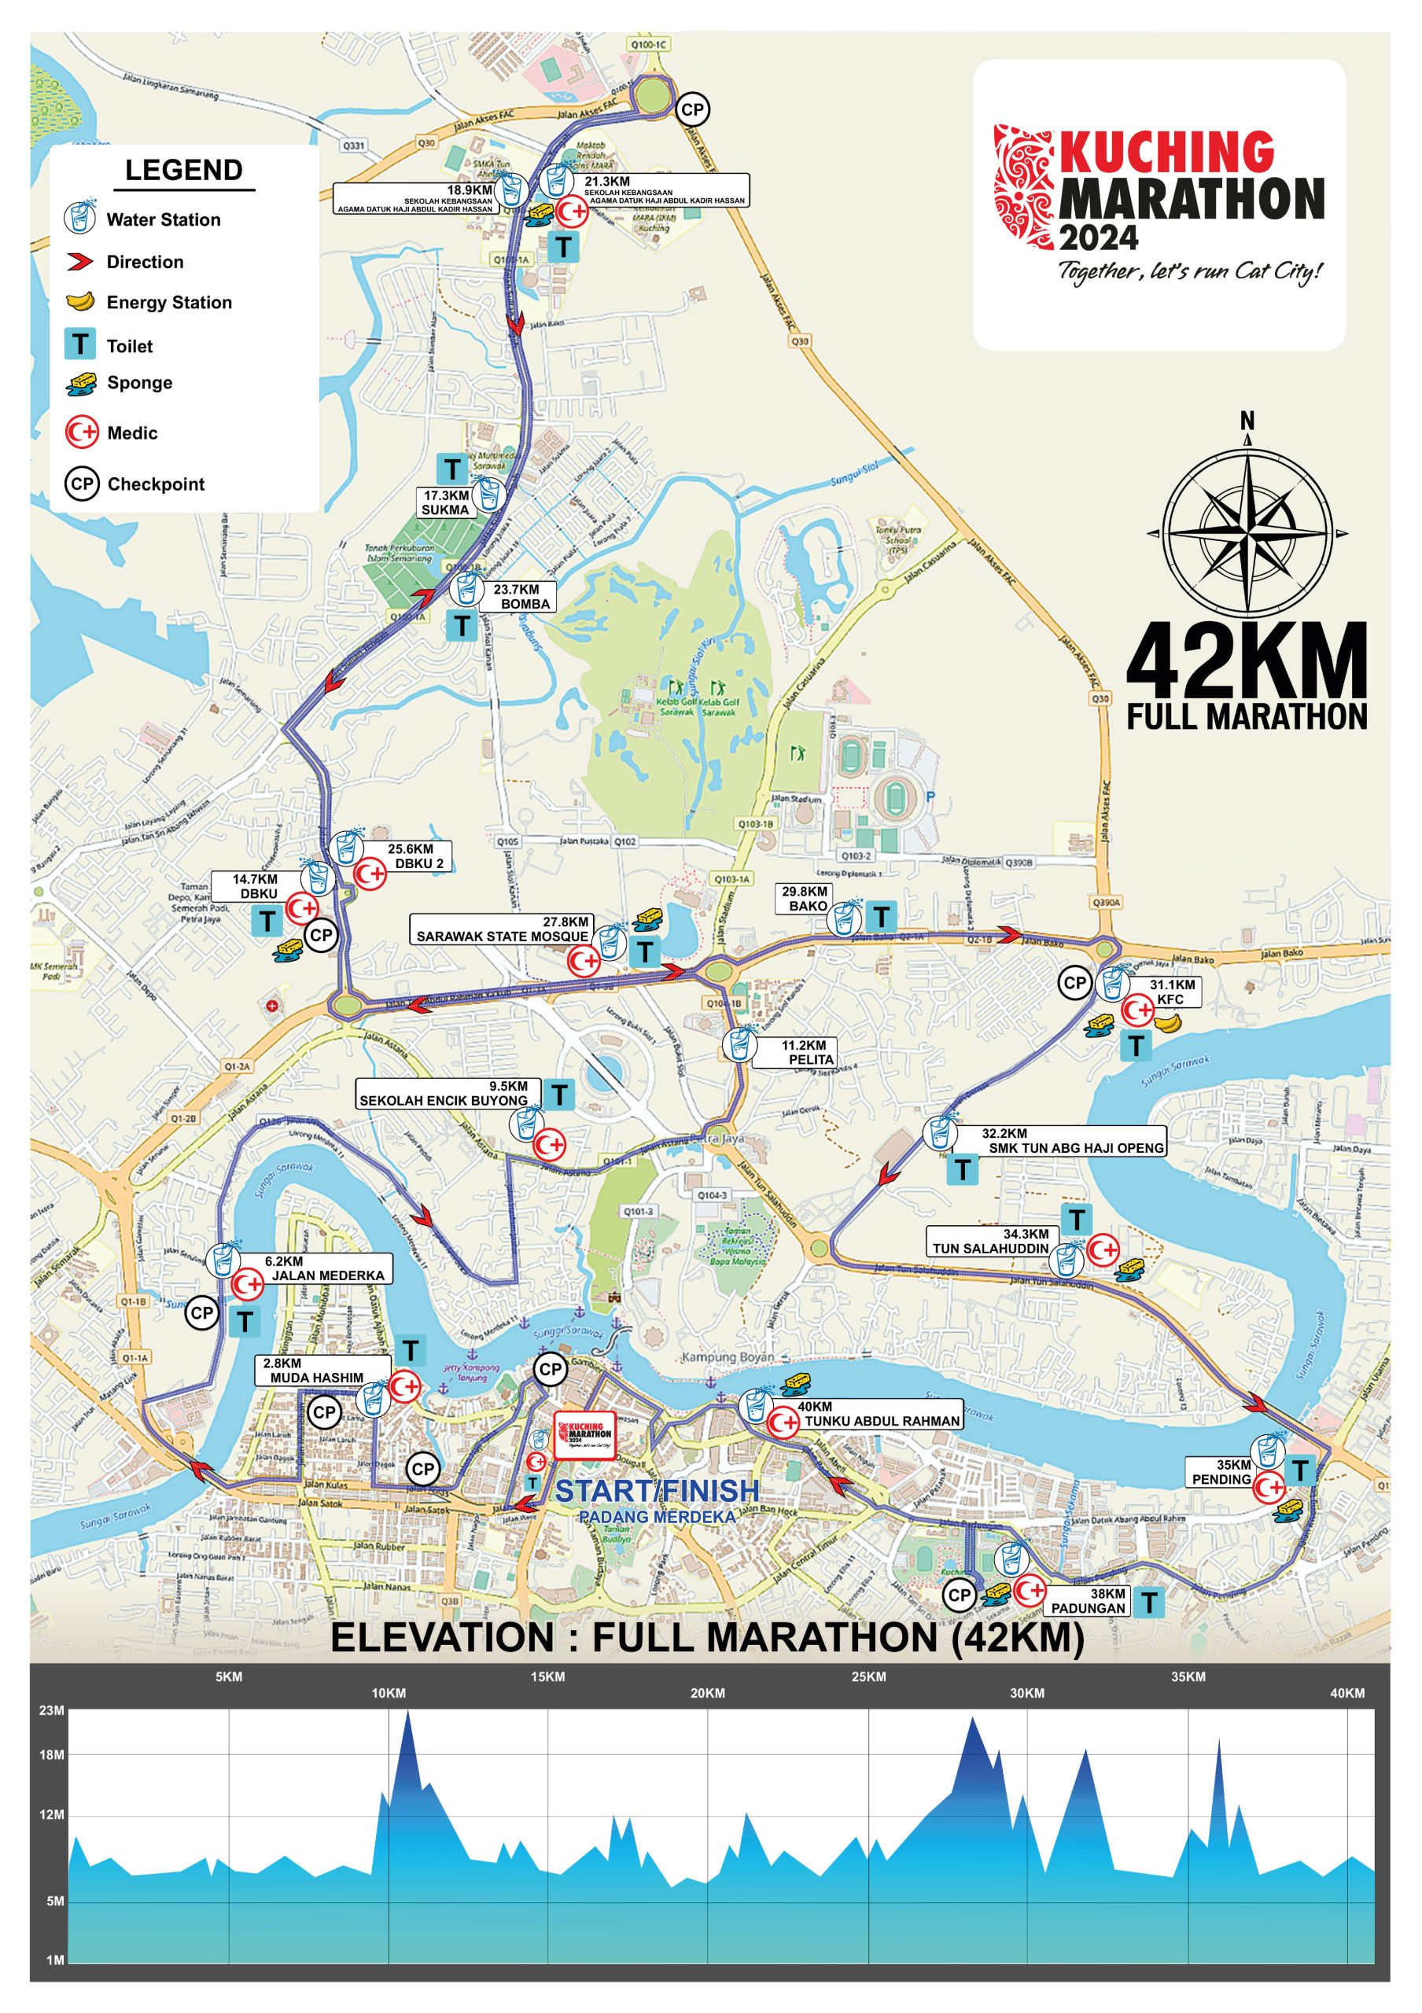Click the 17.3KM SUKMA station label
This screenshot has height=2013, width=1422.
446,502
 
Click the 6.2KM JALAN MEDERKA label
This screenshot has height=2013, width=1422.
324,1268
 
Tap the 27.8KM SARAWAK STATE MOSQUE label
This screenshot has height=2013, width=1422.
503,929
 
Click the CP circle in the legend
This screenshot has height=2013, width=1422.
82,484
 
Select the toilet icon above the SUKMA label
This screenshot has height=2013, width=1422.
452,470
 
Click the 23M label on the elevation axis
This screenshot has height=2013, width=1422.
52,1710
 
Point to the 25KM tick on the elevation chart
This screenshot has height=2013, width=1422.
868,1677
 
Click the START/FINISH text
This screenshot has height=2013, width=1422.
657,1490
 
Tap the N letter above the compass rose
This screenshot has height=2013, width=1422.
1247,421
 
